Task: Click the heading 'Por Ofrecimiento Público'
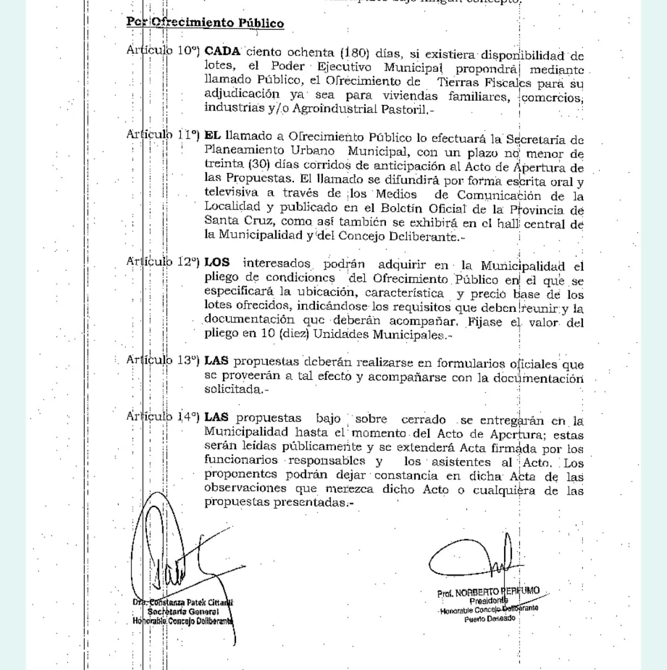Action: point(205,23)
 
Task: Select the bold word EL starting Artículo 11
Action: point(213,135)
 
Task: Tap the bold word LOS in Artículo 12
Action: point(217,262)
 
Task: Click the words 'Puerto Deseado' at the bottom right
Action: point(489,619)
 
